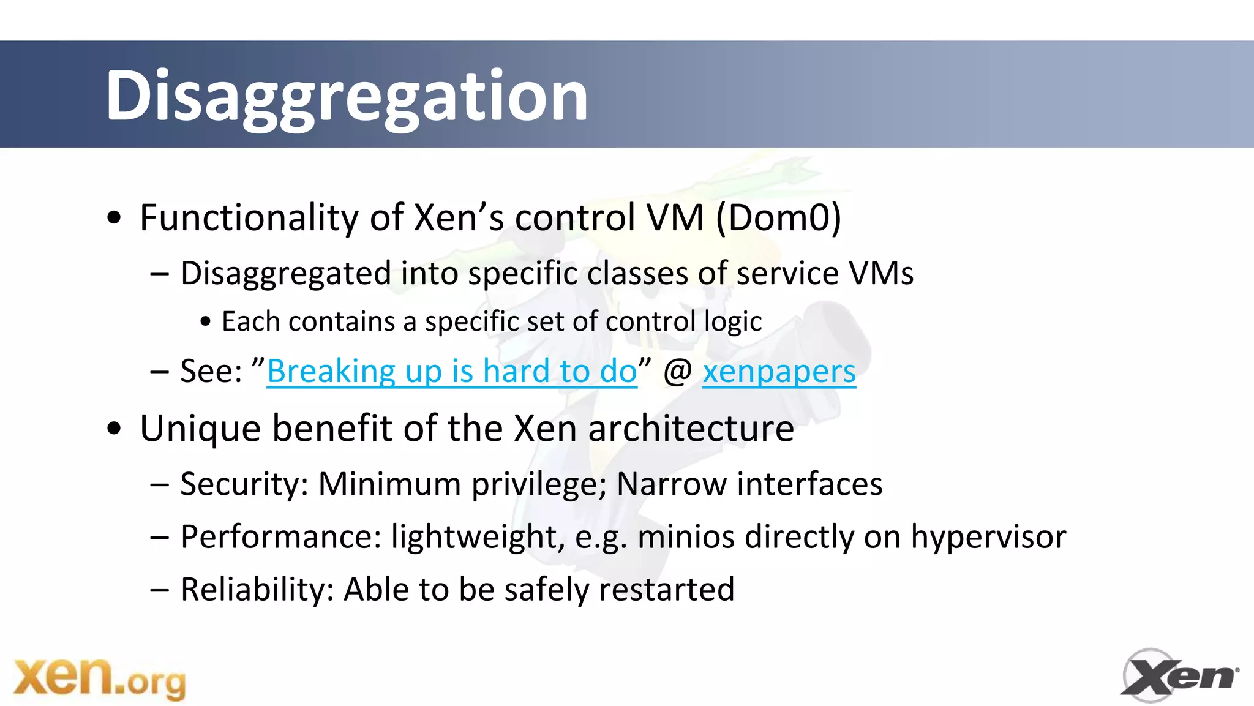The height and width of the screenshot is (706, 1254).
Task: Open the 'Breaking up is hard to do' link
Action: [452, 372]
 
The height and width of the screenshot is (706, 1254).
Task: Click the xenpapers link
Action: [779, 372]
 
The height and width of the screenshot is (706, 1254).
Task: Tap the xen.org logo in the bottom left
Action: [99, 678]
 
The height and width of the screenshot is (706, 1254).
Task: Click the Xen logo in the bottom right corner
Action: [1179, 676]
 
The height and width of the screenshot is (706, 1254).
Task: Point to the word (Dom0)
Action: [778, 218]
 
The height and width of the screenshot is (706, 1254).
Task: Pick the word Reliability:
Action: [257, 590]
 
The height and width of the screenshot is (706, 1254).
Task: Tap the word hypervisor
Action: [988, 537]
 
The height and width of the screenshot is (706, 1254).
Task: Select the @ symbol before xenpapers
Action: [677, 372]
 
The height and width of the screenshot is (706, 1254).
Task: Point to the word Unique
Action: [200, 429]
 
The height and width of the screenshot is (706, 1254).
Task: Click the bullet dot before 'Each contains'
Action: [206, 321]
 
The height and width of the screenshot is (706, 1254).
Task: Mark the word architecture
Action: [691, 429]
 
